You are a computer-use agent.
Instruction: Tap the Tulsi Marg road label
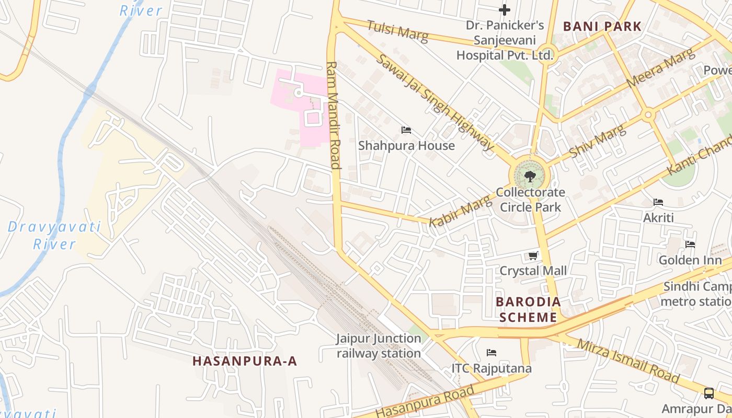click(x=397, y=31)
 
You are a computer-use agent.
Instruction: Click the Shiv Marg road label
click(x=598, y=141)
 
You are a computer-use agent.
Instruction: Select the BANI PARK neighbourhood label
click(x=602, y=26)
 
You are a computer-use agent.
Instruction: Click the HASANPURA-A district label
click(x=245, y=361)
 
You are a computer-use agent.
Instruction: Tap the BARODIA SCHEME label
click(x=528, y=309)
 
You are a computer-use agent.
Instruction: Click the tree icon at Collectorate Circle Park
click(x=530, y=176)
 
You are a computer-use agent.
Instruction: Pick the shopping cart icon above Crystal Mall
click(x=533, y=256)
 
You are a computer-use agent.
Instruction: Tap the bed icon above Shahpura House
click(x=406, y=130)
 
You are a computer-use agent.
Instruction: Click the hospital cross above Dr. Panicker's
click(x=505, y=9)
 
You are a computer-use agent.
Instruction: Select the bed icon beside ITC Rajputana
click(x=491, y=353)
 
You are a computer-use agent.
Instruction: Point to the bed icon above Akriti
click(x=658, y=202)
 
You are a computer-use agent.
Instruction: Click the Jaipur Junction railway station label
click(x=379, y=346)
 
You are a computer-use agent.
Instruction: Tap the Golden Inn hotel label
click(x=690, y=260)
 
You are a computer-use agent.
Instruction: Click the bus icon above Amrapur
click(x=709, y=393)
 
